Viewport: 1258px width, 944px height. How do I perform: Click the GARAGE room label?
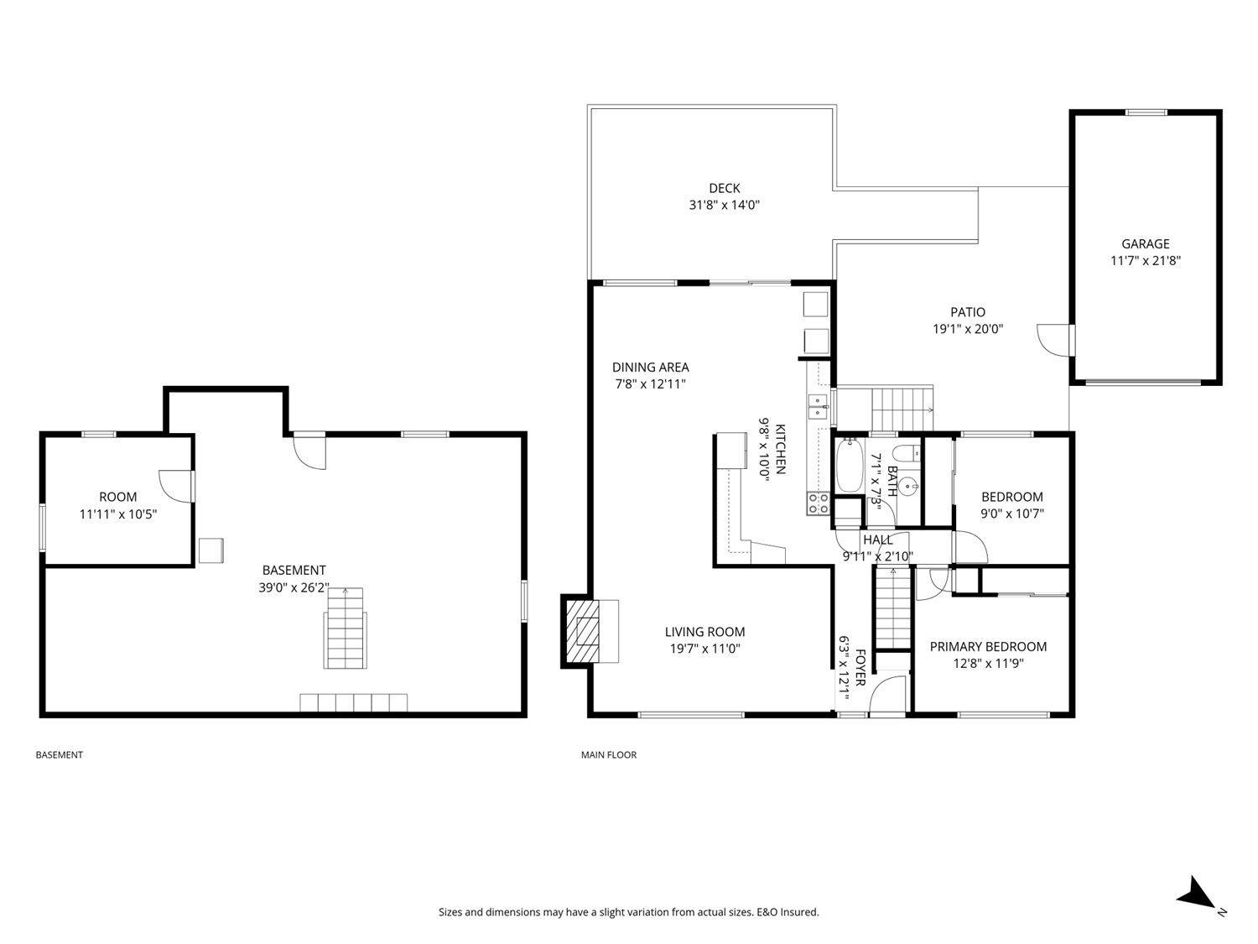(1145, 244)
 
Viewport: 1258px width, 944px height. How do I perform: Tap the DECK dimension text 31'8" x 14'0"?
(724, 205)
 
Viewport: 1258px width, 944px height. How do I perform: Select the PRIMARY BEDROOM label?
(988, 647)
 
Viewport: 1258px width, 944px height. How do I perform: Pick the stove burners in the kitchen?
(818, 503)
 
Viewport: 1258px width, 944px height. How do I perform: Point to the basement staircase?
(345, 628)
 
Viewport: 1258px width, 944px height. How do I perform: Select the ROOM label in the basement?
(117, 498)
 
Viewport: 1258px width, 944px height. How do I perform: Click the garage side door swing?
(1053, 339)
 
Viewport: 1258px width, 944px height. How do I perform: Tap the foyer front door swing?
(886, 696)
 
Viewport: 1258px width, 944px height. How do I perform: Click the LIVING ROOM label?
(704, 632)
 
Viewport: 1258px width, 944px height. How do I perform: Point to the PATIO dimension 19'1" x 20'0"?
(968, 330)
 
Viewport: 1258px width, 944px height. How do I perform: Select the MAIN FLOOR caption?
(609, 755)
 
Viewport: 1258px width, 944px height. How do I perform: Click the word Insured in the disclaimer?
(799, 912)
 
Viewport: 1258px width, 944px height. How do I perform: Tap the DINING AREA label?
(650, 368)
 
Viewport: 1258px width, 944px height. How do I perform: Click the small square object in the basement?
(211, 550)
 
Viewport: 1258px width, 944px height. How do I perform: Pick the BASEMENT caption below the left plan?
(59, 755)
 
